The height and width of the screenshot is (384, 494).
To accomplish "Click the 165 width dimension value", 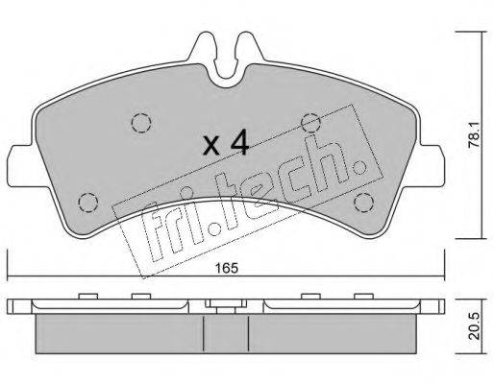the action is pyautogui.click(x=227, y=268).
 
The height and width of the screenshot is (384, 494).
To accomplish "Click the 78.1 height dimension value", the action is pyautogui.click(x=474, y=135).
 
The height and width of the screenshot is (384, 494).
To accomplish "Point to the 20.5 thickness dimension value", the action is pyautogui.click(x=475, y=325).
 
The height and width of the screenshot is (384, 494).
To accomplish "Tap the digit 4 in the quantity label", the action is pyautogui.click(x=239, y=142).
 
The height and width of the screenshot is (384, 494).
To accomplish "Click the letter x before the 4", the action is pyautogui.click(x=212, y=146).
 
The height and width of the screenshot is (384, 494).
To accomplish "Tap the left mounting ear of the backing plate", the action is pyautogui.click(x=20, y=166).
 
